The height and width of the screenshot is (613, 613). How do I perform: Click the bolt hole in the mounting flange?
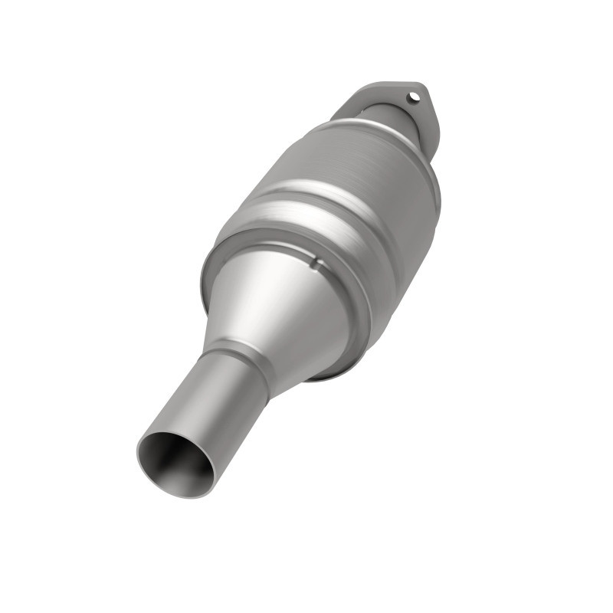coord(414,97)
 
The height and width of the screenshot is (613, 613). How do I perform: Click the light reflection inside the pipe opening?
coord(195,467)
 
